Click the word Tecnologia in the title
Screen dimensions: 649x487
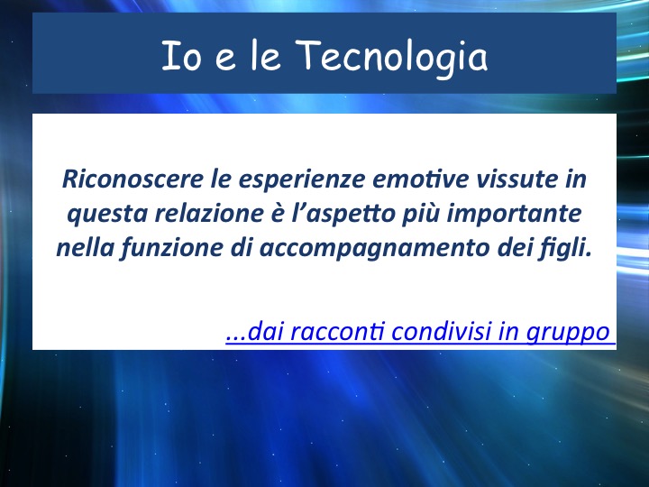[391, 57]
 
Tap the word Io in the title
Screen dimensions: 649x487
[181, 56]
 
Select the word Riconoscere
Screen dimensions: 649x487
[133, 179]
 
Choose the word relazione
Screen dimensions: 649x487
[209, 213]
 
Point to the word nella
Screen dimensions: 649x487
[86, 248]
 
